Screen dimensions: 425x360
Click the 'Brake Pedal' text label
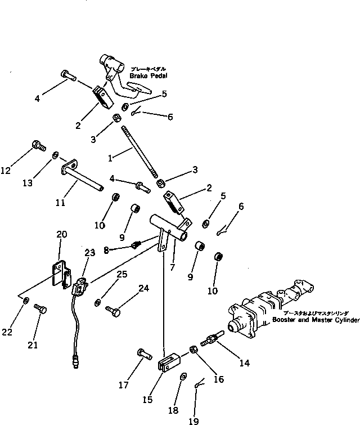coord(148,75)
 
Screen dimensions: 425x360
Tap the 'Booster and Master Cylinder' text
coord(316,320)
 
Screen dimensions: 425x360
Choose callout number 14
coord(244,363)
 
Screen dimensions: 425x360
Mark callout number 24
coord(144,289)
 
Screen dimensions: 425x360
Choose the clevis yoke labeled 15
coord(169,362)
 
